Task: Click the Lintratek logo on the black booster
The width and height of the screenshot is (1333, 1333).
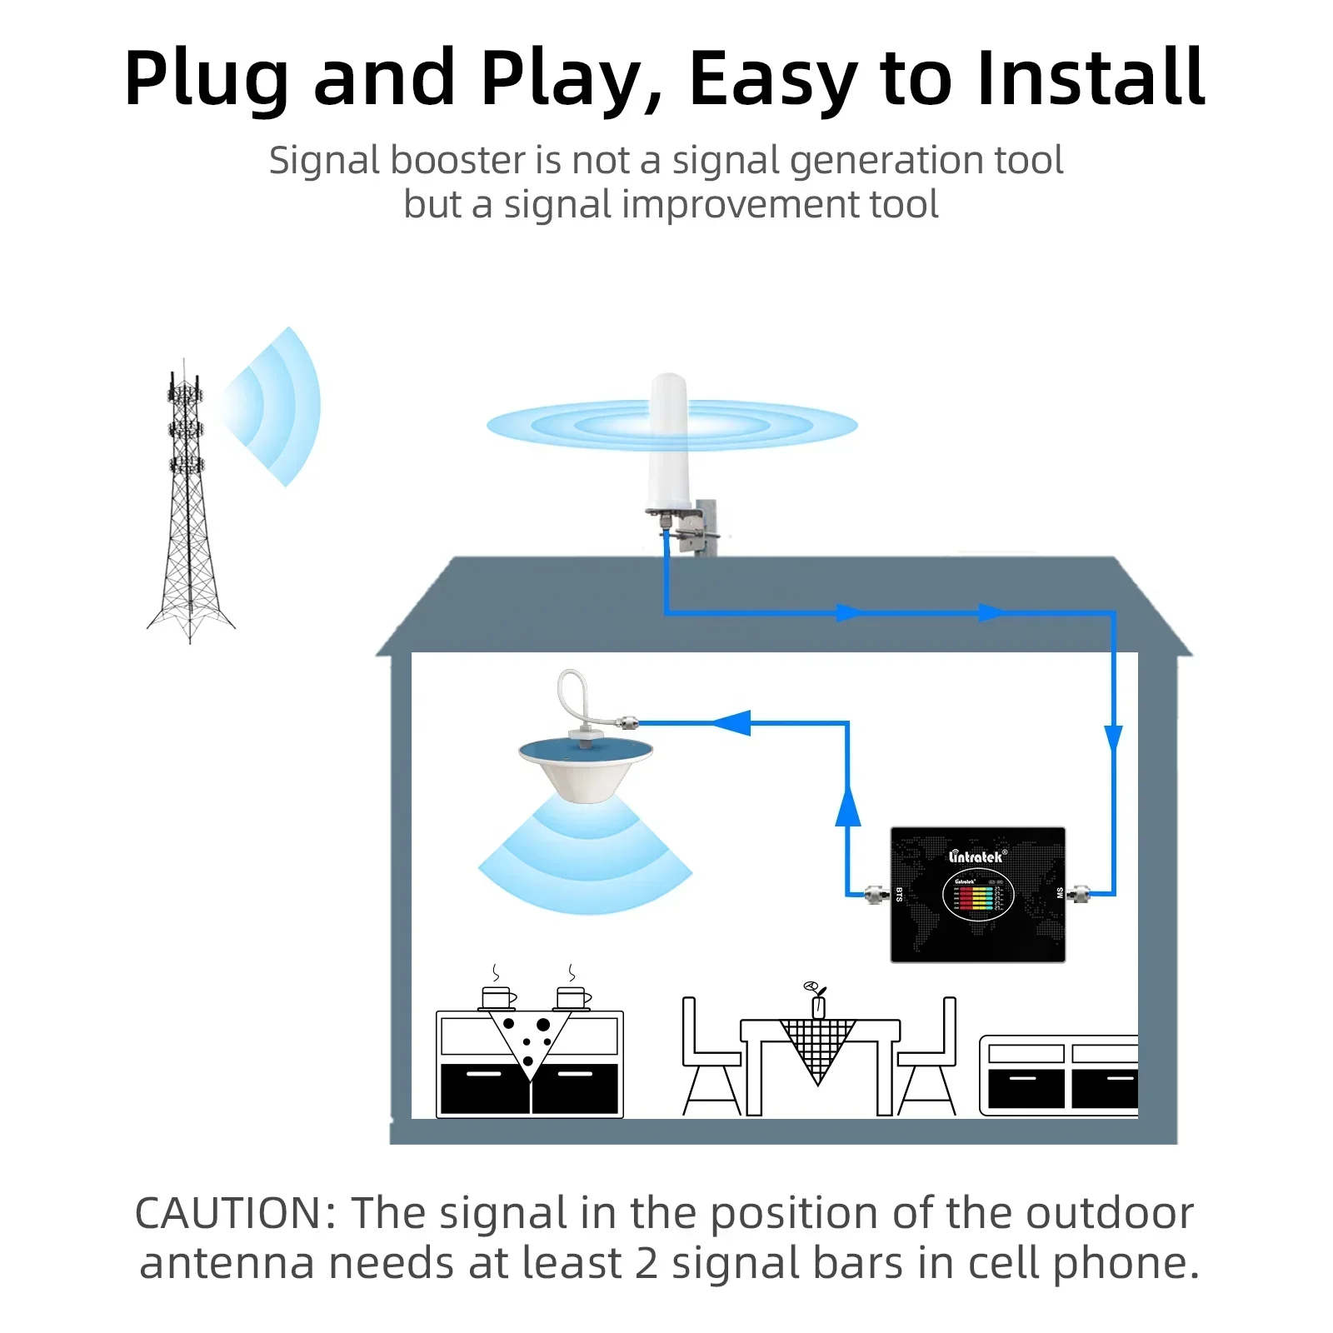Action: [x=977, y=856]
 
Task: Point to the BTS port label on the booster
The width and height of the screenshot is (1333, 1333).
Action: [x=899, y=894]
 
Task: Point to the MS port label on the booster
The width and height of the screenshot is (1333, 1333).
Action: [x=1060, y=893]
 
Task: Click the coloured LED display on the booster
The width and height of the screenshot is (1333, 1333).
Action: [x=977, y=897]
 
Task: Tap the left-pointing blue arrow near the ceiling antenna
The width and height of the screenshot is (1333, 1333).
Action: [x=733, y=722]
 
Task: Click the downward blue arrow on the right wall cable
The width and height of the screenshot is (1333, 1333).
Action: [x=1113, y=738]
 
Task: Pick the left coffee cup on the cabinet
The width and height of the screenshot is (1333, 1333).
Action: [x=497, y=997]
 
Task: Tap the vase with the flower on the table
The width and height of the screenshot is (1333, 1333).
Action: [x=818, y=1002]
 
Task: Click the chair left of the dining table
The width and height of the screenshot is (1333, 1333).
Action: [x=708, y=1058]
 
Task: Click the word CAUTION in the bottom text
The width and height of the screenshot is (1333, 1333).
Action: [x=234, y=1213]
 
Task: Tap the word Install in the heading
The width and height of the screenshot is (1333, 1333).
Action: [x=1091, y=78]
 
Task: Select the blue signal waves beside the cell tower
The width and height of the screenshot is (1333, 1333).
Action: [x=275, y=407]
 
